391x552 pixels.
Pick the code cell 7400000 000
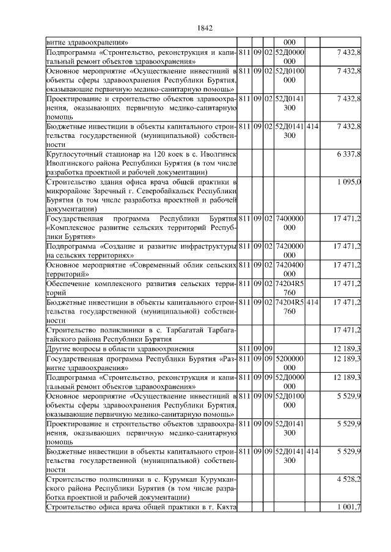290,223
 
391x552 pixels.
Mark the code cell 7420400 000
290,270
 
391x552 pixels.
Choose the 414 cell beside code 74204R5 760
312,302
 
